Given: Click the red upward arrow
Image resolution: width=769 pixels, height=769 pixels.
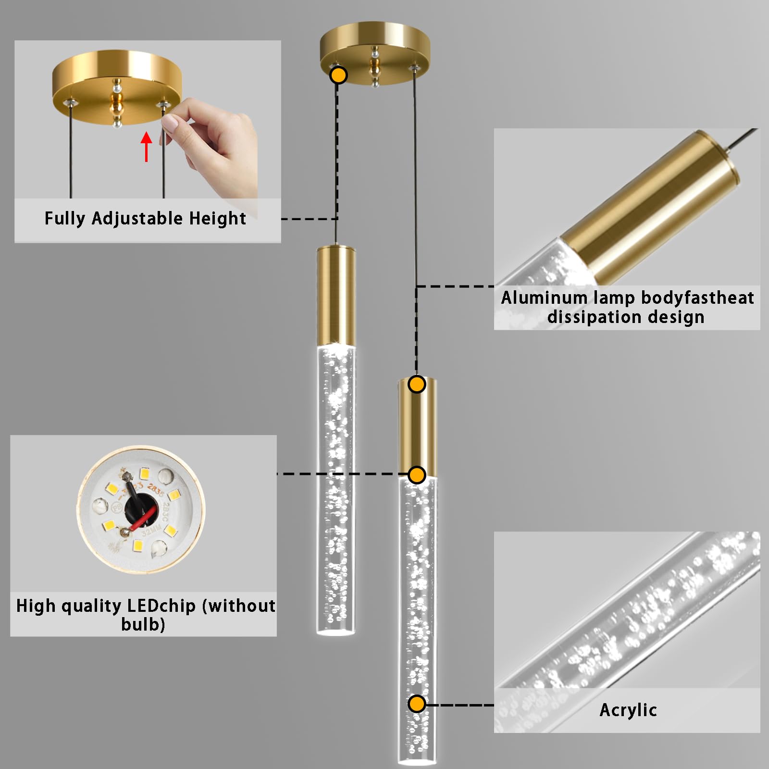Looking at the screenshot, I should (x=147, y=147).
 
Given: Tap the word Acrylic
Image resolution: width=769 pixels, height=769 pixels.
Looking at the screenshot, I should (x=628, y=710).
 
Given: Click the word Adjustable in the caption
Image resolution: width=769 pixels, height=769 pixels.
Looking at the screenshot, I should (x=137, y=218).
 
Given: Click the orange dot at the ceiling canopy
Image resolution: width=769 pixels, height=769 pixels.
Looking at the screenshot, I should (x=339, y=75).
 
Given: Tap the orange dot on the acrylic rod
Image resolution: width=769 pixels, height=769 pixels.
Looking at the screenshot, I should (x=417, y=704).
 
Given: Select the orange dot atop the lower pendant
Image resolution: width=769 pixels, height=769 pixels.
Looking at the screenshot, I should (x=417, y=384).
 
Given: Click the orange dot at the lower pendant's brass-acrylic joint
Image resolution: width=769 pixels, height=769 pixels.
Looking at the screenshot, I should (x=417, y=475).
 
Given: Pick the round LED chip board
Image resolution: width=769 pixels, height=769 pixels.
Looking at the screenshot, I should (x=141, y=509).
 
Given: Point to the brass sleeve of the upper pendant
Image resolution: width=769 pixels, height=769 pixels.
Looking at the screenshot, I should (x=336, y=293).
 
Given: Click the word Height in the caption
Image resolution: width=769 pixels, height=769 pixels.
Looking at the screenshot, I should (x=217, y=218).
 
